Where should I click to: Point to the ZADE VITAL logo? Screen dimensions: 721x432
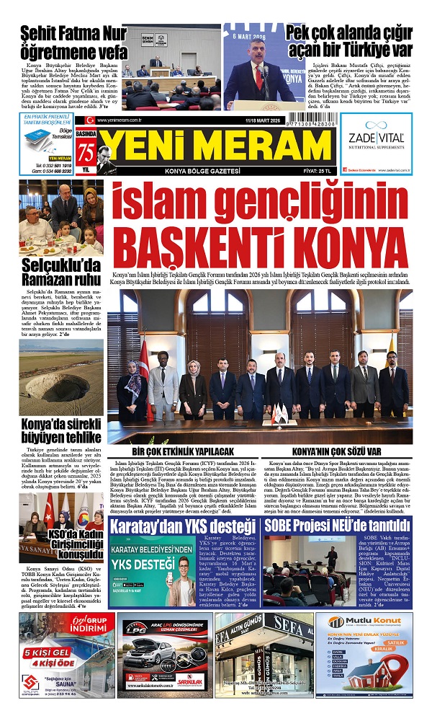(376, 139)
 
